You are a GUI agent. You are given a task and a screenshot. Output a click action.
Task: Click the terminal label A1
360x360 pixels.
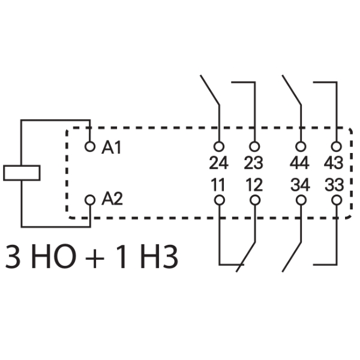coord(112,148)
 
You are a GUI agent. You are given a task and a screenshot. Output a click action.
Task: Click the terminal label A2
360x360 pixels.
coord(112,199)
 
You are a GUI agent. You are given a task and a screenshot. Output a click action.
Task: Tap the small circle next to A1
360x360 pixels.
coord(91,146)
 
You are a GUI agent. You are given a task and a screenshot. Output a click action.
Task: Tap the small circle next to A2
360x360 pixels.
coord(91,199)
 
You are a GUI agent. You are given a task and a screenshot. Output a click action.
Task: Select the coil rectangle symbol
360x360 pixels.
coord(22,173)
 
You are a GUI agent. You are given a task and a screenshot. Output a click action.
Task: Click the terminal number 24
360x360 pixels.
coord(219,163)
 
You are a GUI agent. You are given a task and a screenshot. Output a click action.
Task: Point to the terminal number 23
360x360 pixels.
coord(254,163)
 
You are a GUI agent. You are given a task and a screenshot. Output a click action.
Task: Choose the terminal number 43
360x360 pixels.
coord(334,163)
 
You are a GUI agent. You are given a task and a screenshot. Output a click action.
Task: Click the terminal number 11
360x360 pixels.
coord(219,185)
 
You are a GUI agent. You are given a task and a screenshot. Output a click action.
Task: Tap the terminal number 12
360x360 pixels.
coord(254,185)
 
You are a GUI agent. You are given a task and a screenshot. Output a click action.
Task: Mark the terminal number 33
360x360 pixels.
coord(334,185)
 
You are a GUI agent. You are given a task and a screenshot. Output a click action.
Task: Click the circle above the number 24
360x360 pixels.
coord(220,146)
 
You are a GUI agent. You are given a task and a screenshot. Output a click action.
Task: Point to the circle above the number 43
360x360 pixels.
coord(336,146)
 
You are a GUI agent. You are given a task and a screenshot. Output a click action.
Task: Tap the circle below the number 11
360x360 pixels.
coord(220,200)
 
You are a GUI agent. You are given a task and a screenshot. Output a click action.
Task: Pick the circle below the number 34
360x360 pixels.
coord(301,200)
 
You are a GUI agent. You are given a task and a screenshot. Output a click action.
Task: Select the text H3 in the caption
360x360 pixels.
coord(158,256)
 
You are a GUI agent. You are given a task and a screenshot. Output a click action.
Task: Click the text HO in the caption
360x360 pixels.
coord(59,256)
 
